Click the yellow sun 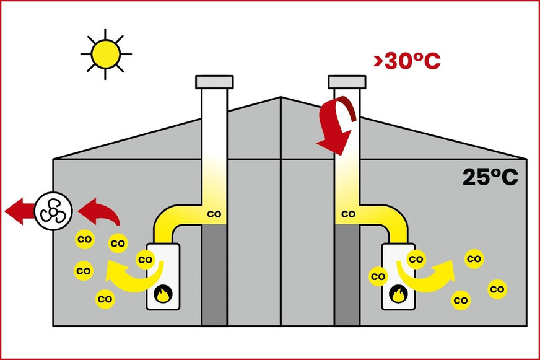(x=106, y=54)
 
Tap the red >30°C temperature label (x=407, y=61)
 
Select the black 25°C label (x=490, y=177)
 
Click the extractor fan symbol (x=53, y=211)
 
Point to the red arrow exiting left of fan (x=20, y=211)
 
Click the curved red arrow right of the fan (x=100, y=212)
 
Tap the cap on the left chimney (x=214, y=82)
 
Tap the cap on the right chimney (x=347, y=82)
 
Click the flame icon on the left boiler (x=163, y=294)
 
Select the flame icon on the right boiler (x=398, y=294)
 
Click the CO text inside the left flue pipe (x=214, y=214)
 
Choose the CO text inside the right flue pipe (x=348, y=214)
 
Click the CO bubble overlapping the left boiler (x=146, y=260)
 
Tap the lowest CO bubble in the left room (x=105, y=299)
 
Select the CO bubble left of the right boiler (x=378, y=276)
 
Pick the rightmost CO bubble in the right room (x=497, y=289)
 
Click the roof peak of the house (x=281, y=97)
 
